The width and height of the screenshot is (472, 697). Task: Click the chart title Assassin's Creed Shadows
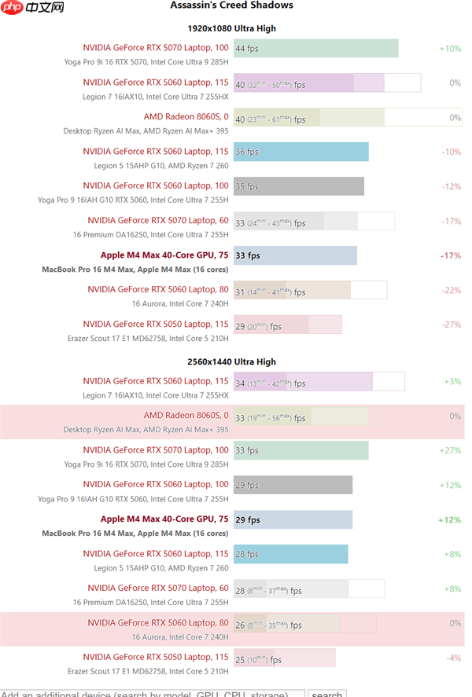231,6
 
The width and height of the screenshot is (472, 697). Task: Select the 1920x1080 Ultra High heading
231,28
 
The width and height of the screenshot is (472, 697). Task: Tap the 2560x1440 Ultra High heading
231,362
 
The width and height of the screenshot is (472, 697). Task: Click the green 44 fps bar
315,49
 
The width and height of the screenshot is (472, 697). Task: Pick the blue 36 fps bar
301,152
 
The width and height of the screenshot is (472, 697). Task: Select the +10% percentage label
450,49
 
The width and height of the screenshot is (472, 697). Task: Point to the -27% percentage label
451,325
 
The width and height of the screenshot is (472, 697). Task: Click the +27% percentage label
450,451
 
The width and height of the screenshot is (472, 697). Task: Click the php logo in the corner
31,8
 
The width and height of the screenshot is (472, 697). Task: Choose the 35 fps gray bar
298,187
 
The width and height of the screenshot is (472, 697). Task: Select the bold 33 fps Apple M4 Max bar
295,256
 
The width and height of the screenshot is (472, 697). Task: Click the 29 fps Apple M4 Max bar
293,520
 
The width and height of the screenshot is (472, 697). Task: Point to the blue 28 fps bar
290,555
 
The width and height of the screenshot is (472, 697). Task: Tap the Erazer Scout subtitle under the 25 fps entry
148,672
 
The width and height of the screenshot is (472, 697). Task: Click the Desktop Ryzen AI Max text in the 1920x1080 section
146,131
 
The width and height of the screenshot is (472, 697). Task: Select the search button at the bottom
326,694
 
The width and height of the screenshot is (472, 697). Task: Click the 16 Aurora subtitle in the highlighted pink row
180,637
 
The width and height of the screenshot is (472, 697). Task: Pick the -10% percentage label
451,152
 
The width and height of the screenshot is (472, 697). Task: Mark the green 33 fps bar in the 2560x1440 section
301,451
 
